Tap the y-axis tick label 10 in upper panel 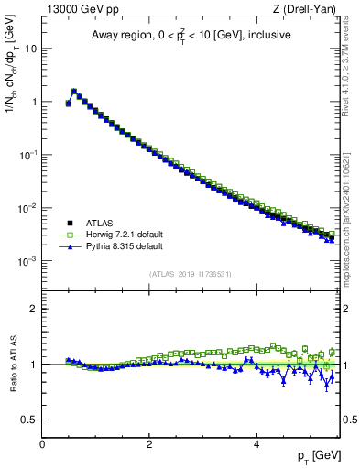tap(30, 49)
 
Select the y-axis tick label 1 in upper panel tap(34, 102)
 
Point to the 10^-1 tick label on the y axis tap(28, 155)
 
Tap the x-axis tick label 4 tap(256, 445)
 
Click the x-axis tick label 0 tap(42, 445)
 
